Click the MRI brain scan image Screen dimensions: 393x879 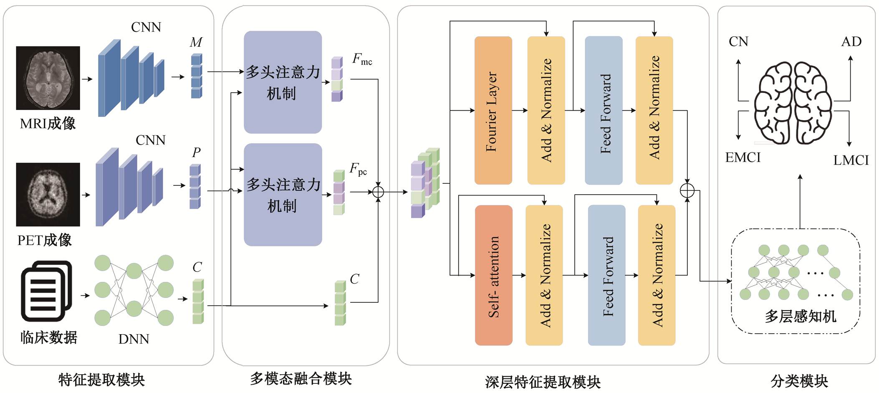tap(48, 78)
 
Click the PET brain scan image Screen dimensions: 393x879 tap(48, 195)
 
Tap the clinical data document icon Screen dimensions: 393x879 tap(46, 291)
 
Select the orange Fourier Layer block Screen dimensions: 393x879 tap(493, 111)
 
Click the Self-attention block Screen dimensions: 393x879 tap(493, 275)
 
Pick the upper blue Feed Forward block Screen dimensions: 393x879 tap(604, 111)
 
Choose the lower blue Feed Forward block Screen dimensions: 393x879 tap(606, 275)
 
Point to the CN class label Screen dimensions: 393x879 tap(738, 41)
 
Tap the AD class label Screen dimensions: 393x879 tap(851, 41)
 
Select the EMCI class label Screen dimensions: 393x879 tap(743, 157)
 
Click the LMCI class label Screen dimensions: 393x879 tap(851, 160)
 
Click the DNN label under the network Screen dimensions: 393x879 tap(134, 339)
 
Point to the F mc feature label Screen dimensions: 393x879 tap(362, 59)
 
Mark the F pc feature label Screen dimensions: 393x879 tap(358, 169)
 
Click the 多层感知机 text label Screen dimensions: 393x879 tap(800, 316)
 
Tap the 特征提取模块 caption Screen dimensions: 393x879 tap(101, 380)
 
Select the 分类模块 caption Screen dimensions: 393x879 tap(799, 381)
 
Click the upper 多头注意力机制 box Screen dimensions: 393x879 tap(283, 82)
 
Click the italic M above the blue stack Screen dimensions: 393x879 tap(196, 42)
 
